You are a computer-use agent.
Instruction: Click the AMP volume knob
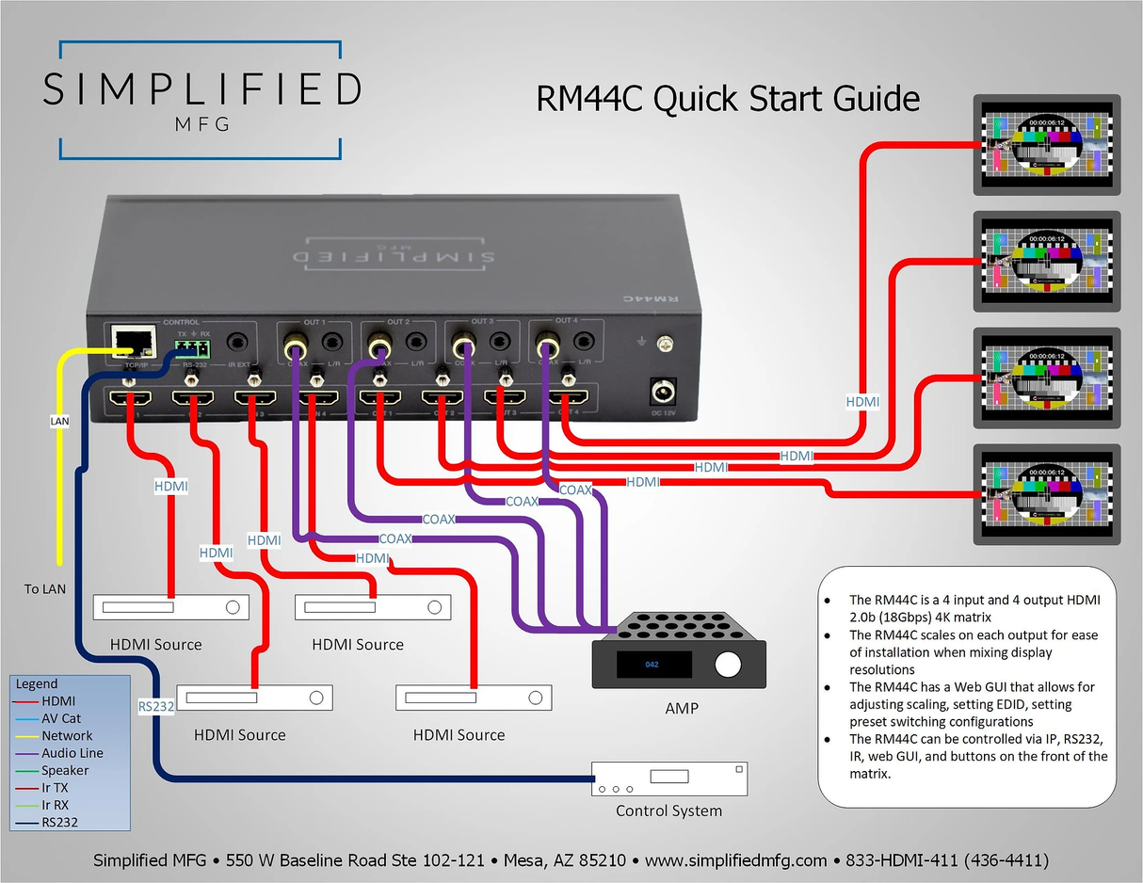[727, 665]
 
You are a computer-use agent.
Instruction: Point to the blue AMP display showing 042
[652, 665]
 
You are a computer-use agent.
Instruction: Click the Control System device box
[668, 779]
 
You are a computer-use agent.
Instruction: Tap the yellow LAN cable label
[59, 421]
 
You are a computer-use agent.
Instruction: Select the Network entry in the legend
[67, 735]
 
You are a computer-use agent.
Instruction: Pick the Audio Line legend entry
[72, 753]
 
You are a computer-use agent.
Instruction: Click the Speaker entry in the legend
[65, 770]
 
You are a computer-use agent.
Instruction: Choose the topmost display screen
[1045, 145]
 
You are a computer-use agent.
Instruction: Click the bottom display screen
[1045, 495]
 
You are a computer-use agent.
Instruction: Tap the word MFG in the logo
[201, 125]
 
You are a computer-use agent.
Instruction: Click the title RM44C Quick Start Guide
[727, 98]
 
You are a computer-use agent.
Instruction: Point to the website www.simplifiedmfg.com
[735, 860]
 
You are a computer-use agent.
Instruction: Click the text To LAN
[45, 588]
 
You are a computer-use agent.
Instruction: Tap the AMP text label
[682, 707]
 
